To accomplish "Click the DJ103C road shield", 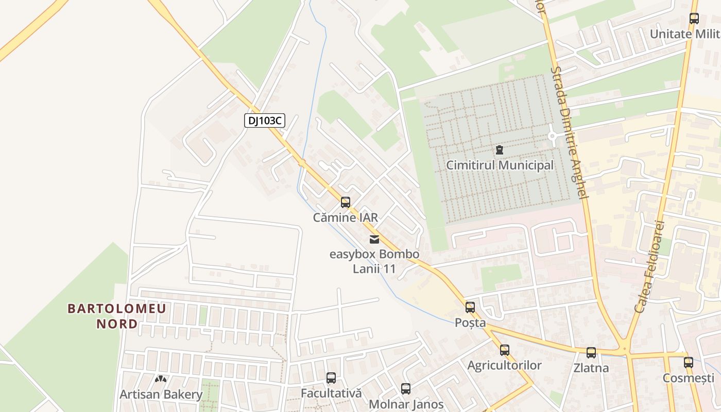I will pyautogui.click(x=264, y=121).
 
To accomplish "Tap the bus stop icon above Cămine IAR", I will pyautogui.click(x=346, y=202).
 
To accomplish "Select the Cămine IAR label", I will pyautogui.click(x=346, y=217).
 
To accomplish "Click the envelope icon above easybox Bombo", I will pyautogui.click(x=374, y=239).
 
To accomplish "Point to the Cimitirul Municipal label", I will pyautogui.click(x=500, y=165).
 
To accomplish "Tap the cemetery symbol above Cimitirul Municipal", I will pyautogui.click(x=499, y=150).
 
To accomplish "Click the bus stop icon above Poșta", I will pyautogui.click(x=470, y=307).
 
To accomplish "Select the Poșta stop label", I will pyautogui.click(x=470, y=323).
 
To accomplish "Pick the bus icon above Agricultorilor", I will pyautogui.click(x=505, y=350).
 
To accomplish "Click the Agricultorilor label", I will pyautogui.click(x=505, y=366).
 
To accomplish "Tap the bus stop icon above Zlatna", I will pyautogui.click(x=591, y=353).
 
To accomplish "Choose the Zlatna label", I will pyautogui.click(x=591, y=368).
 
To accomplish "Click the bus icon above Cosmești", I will pyautogui.click(x=689, y=362).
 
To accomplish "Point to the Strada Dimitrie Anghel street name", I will pyautogui.click(x=569, y=132).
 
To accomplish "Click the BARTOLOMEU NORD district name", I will pyautogui.click(x=117, y=316).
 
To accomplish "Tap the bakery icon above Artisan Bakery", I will pyautogui.click(x=161, y=379).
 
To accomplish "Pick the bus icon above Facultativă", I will pyautogui.click(x=331, y=378).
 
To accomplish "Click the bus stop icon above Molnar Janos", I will pyautogui.click(x=406, y=389).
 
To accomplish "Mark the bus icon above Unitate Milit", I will pyautogui.click(x=694, y=19).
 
